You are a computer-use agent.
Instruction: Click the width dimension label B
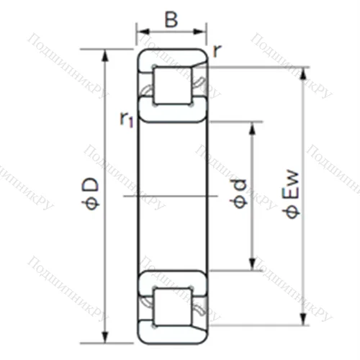click(x=171, y=19)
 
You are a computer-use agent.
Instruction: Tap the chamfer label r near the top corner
click(x=217, y=50)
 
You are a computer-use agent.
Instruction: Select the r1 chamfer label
click(x=127, y=120)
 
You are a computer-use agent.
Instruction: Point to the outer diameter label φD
click(x=91, y=194)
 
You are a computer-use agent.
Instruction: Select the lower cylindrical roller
click(x=172, y=303)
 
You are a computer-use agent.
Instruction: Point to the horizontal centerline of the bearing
click(x=172, y=195)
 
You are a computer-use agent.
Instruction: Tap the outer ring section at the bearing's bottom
click(x=172, y=333)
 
